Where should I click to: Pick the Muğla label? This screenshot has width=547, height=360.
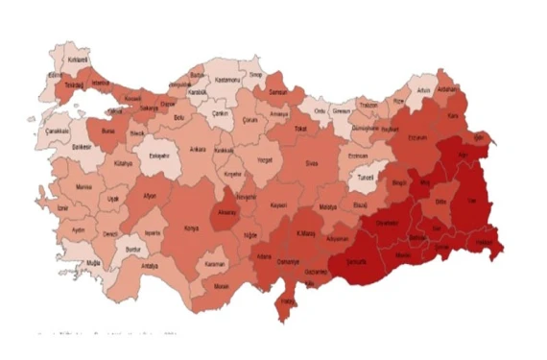(93, 261)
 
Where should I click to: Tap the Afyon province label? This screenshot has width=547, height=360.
(148, 195)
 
